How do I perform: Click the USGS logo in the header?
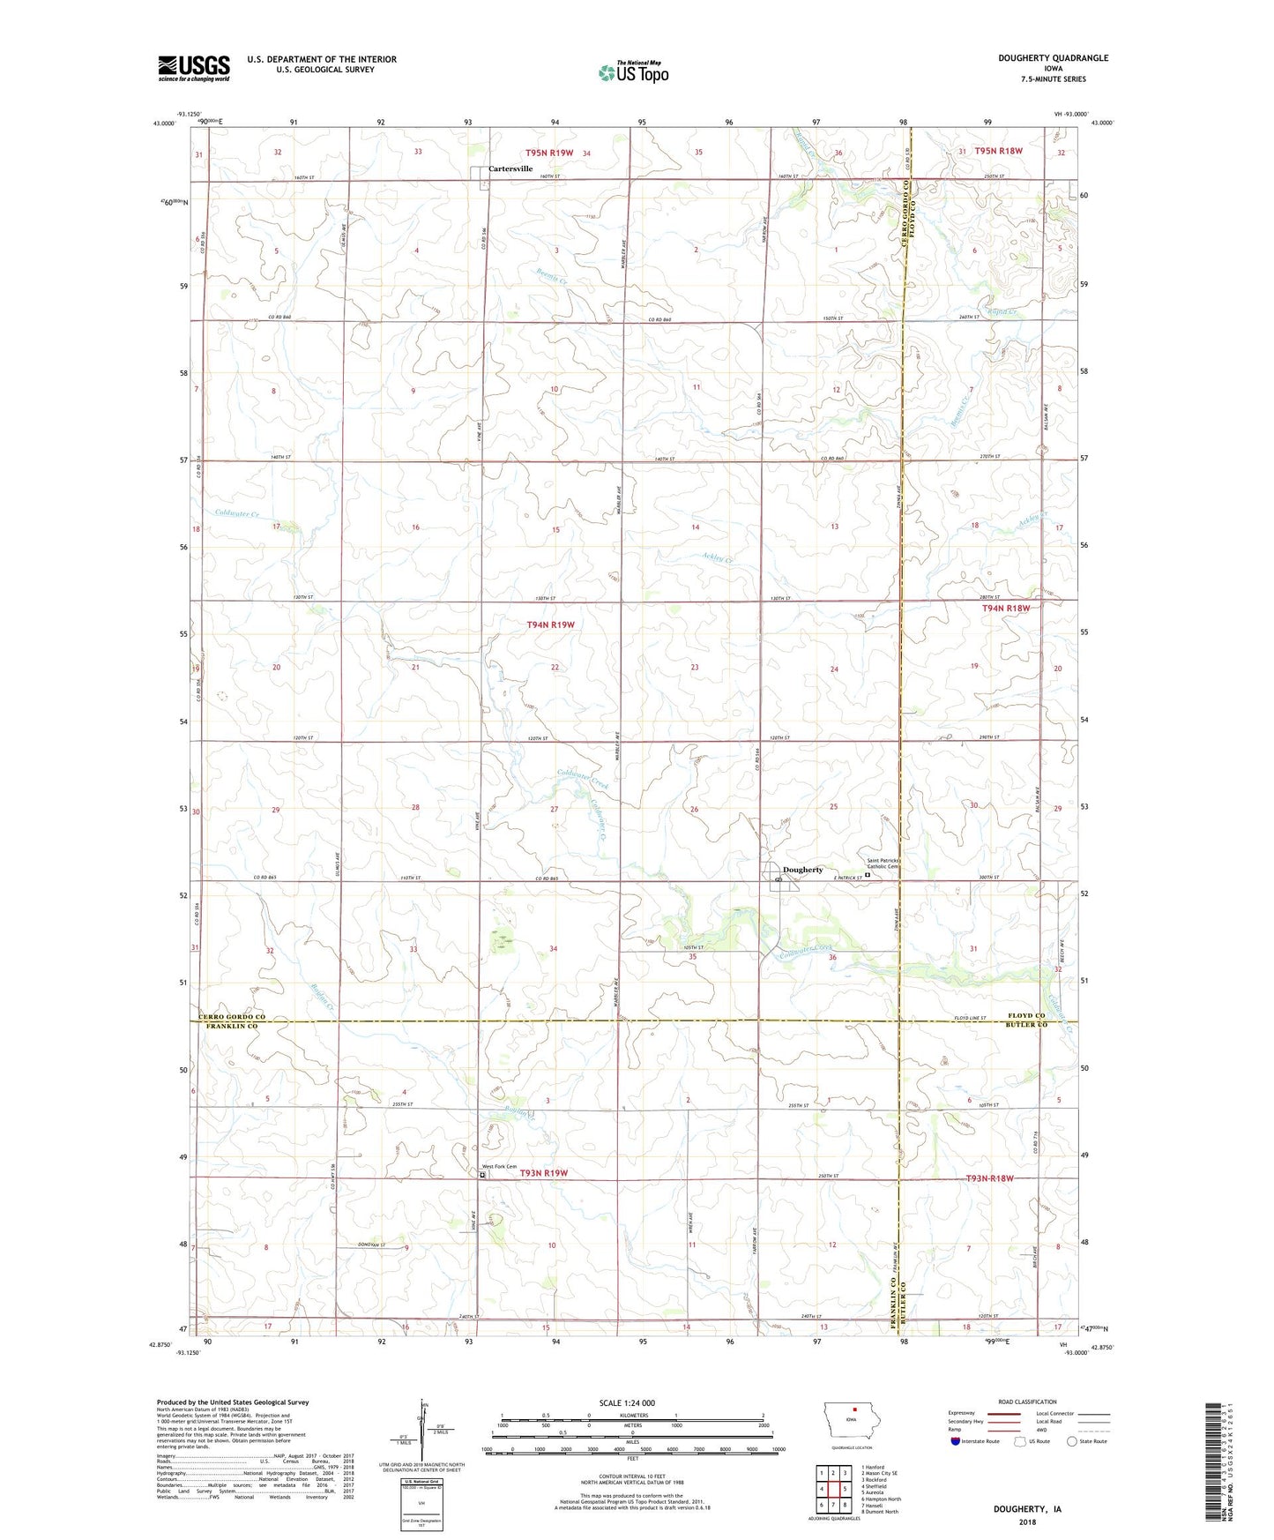tap(193, 68)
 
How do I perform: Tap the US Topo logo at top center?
tap(633, 72)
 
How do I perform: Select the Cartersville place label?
tap(510, 168)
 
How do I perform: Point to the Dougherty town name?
tap(802, 870)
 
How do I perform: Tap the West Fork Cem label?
tap(499, 1166)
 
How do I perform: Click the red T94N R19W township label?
tap(550, 624)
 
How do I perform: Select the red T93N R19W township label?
tap(543, 1173)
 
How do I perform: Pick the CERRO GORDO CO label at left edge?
tap(232, 1017)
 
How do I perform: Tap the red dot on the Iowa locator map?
tap(853, 1433)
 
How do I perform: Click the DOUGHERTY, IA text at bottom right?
tap(1027, 1509)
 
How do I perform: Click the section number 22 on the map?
tap(555, 668)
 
